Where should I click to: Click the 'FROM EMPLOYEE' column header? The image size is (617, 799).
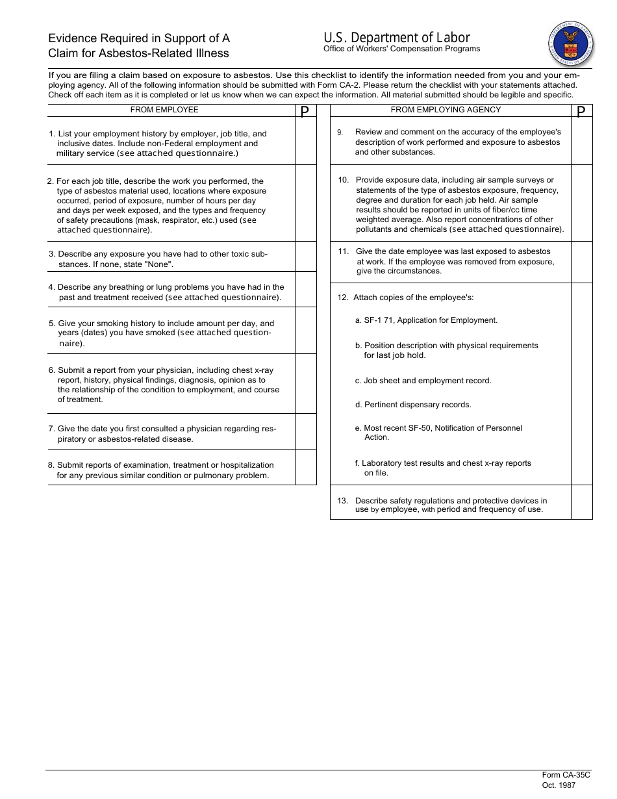pyautogui.click(x=164, y=110)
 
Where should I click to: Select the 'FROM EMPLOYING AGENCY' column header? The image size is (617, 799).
pyautogui.click(x=446, y=110)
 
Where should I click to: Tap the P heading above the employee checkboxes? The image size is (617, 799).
pyautogui.click(x=305, y=111)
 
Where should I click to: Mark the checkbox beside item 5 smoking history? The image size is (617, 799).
pyautogui.click(x=305, y=330)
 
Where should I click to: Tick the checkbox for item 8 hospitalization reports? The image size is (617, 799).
pyautogui.click(x=305, y=467)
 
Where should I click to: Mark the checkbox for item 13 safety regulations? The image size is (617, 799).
pyautogui.click(x=582, y=502)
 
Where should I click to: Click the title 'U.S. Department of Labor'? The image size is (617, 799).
pyautogui.click(x=396, y=37)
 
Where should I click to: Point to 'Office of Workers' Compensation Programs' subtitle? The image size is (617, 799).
pyautogui.click(x=401, y=49)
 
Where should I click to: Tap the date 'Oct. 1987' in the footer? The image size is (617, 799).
pyautogui.click(x=559, y=785)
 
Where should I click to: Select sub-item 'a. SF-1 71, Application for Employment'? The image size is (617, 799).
pyautogui.click(x=426, y=320)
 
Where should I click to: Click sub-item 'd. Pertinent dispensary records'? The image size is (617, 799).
pyautogui.click(x=413, y=405)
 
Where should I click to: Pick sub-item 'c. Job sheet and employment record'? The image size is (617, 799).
pyautogui.click(x=423, y=381)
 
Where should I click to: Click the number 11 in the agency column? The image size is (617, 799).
pyautogui.click(x=344, y=251)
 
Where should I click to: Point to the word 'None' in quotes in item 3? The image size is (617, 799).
pyautogui.click(x=160, y=264)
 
